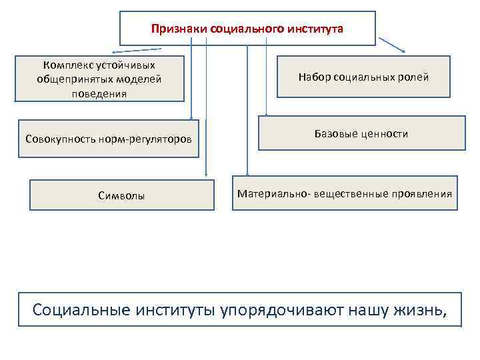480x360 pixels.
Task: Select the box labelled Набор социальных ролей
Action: coord(363,77)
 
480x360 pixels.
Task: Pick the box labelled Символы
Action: coord(121,196)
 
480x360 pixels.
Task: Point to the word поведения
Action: coord(99,93)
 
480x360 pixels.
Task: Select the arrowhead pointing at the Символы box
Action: coord(206,175)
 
